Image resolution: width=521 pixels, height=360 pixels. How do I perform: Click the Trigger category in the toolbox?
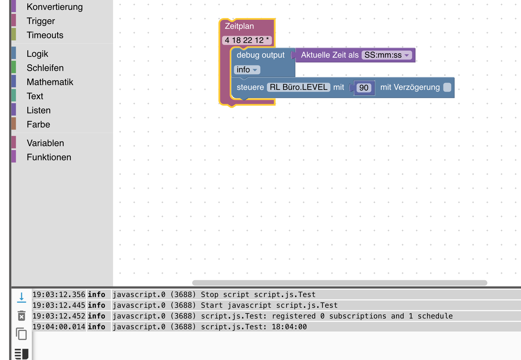[41, 21]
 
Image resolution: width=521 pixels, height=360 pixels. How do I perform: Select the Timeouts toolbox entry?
[45, 35]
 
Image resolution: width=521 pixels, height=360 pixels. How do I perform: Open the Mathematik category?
[50, 82]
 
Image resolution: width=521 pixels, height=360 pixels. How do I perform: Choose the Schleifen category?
[45, 68]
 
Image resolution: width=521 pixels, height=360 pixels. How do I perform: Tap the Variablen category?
[45, 143]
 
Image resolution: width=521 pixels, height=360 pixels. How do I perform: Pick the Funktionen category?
[49, 157]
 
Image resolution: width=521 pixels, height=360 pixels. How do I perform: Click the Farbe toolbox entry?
[38, 124]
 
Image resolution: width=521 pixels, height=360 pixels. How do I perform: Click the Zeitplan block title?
[239, 26]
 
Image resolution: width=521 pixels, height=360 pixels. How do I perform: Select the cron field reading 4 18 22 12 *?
[247, 40]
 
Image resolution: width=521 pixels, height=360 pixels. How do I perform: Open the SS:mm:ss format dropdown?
[387, 55]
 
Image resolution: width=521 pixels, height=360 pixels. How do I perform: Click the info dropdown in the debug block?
[247, 70]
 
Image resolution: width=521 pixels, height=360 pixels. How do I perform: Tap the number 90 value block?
[364, 88]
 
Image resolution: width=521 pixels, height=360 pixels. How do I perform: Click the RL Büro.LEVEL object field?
[299, 87]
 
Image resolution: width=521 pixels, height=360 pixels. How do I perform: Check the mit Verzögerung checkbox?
[447, 87]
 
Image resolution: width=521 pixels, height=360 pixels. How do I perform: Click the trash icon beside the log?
[21, 316]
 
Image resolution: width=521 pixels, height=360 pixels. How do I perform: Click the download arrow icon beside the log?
[21, 297]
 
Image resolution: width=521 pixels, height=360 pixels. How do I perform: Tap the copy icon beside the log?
[21, 334]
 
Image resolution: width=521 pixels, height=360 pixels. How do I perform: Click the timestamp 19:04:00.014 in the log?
[59, 327]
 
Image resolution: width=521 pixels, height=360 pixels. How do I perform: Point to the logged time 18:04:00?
[289, 327]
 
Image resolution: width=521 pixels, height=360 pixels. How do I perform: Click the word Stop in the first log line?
[209, 295]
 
